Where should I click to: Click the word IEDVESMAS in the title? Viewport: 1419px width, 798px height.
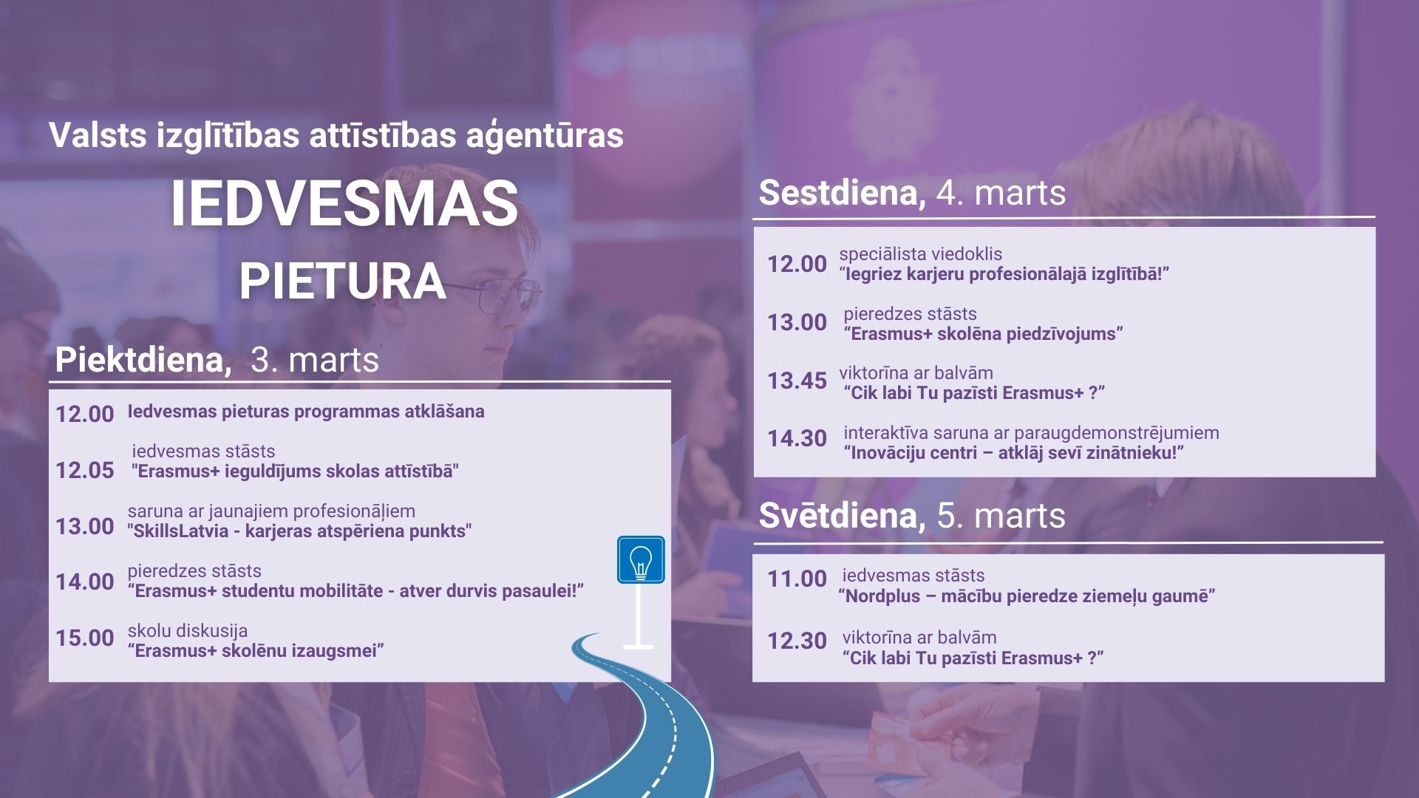[x=344, y=203]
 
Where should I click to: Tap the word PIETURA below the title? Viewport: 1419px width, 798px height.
[x=343, y=282]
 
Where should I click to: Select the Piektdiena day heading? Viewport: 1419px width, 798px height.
[x=139, y=360]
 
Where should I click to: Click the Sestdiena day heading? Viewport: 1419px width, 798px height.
[x=838, y=193]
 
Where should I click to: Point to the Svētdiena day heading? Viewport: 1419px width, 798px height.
[x=838, y=515]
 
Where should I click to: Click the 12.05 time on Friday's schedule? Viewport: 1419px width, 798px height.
[x=85, y=470]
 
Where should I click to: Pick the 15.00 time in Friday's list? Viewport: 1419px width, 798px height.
[x=85, y=638]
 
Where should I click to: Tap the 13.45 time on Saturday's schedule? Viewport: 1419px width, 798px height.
[x=797, y=381]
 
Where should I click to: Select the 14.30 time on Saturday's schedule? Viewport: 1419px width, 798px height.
[x=797, y=438]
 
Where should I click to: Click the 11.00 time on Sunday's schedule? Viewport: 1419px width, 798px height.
[x=797, y=579]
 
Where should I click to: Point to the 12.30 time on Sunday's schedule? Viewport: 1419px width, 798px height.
[x=797, y=641]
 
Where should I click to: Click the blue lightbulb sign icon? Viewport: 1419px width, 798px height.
[x=641, y=559]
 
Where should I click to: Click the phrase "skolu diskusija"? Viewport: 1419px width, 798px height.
[x=188, y=631]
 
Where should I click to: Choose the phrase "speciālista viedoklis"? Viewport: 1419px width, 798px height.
[x=921, y=254]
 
